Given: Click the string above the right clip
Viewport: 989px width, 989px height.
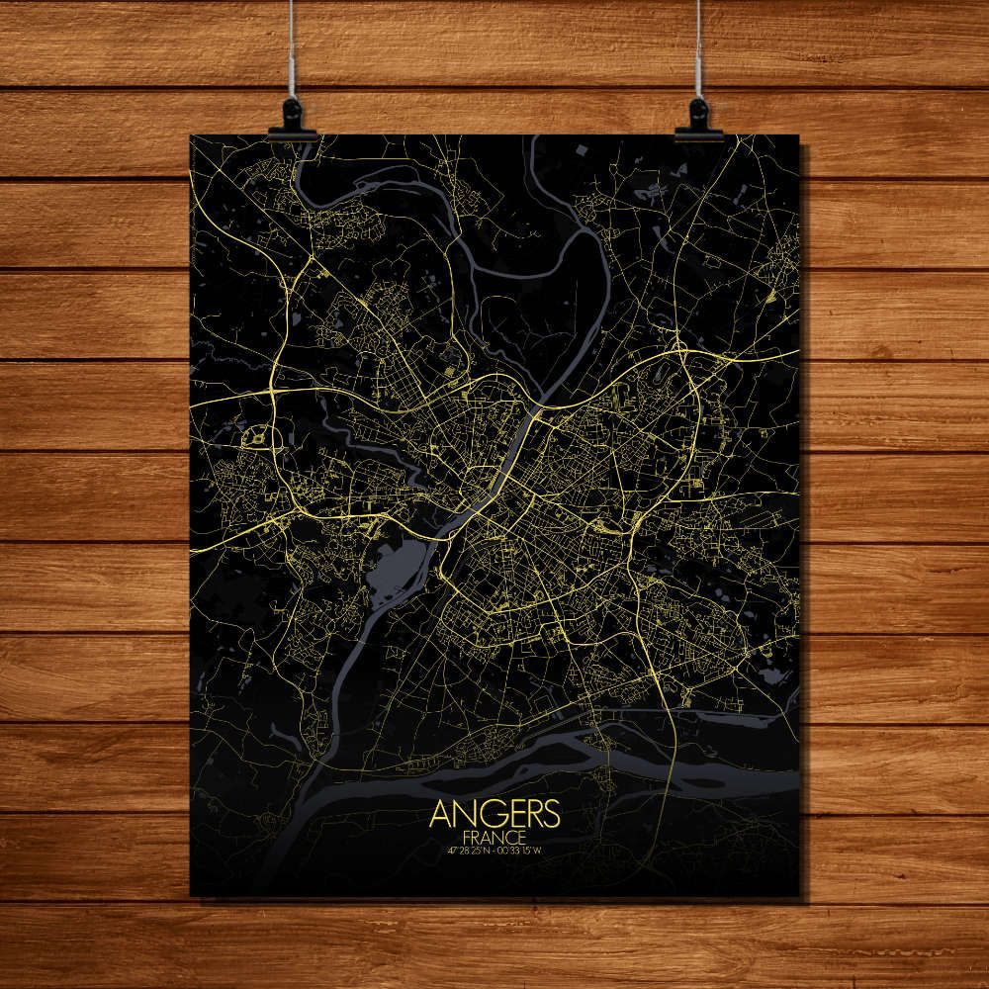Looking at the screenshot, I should tap(698, 49).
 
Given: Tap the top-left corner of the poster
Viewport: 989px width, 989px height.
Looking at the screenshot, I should tap(191, 136).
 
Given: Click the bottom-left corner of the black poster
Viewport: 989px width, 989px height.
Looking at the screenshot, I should tap(191, 896).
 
